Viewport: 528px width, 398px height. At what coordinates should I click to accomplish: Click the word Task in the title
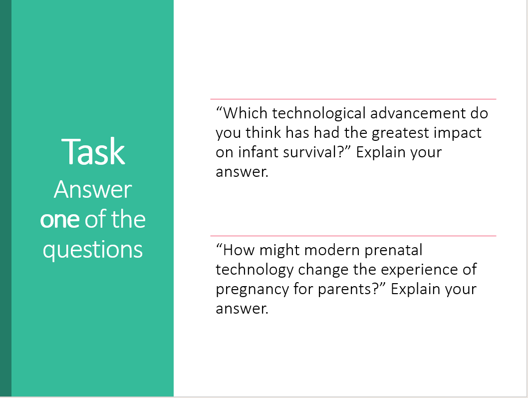click(93, 152)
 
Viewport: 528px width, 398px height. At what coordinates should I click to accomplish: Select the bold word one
click(59, 220)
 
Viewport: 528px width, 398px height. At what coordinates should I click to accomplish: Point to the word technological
click(319, 113)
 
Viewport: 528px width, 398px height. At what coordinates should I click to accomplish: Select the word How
click(239, 250)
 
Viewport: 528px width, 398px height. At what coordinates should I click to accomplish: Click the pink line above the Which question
click(353, 99)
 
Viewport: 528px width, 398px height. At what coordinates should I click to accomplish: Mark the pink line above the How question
click(353, 236)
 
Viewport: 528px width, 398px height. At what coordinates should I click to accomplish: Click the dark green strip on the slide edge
click(5, 198)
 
